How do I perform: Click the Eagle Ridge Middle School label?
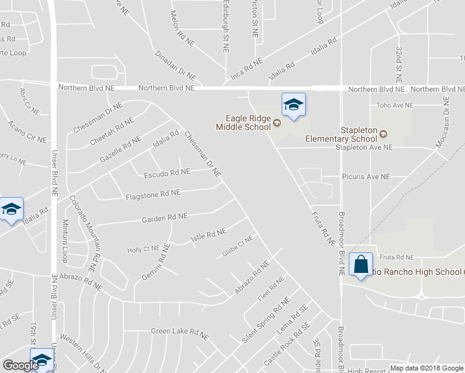[243, 121]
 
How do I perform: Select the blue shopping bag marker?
[361, 265]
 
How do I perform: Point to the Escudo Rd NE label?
[167, 173]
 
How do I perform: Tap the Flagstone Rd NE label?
[153, 193]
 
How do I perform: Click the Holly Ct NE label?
[144, 249]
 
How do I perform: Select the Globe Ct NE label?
[237, 247]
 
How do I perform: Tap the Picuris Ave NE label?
[366, 177]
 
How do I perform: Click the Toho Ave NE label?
[395, 106]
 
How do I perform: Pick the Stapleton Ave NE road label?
[364, 148]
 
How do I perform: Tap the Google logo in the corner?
[20, 366]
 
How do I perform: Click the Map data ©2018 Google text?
[426, 368]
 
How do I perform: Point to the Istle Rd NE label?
[208, 236]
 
